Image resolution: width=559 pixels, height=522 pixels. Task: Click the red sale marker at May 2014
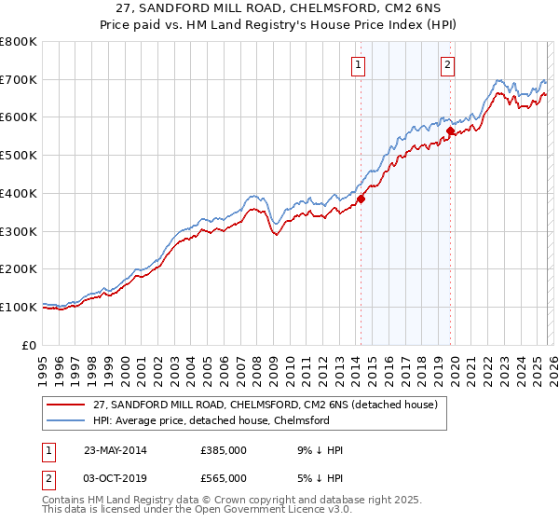pos(361,198)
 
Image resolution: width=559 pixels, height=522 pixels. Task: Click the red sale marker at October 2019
pos(449,131)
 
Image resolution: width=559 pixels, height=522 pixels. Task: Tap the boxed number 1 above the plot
pos(359,64)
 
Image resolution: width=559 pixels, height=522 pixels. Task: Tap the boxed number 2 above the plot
pos(448,64)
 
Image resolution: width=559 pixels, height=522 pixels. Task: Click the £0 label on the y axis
pos(30,345)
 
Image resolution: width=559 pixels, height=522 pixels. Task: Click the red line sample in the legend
pos(67,405)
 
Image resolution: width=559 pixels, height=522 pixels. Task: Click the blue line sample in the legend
pos(67,420)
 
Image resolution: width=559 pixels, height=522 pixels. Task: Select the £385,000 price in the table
pos(224,450)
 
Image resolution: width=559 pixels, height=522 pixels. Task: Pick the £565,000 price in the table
pos(224,477)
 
